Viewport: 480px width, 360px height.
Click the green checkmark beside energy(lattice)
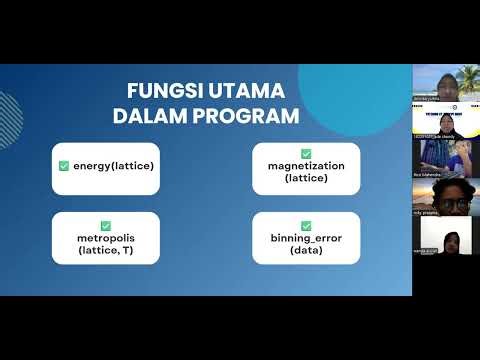coord(65,164)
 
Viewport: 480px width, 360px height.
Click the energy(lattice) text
coord(113,164)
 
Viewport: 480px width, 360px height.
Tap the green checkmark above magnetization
coord(305,154)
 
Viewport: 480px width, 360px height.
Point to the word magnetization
coord(305,166)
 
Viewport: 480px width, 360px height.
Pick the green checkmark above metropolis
coord(106,227)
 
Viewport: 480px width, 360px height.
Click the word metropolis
coord(106,239)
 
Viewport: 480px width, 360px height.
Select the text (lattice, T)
coord(106,251)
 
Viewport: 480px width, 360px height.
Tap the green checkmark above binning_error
coord(305,227)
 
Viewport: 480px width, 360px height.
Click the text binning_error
coord(305,239)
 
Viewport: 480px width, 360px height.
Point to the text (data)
coord(305,251)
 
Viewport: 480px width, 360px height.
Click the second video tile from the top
coord(445,122)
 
